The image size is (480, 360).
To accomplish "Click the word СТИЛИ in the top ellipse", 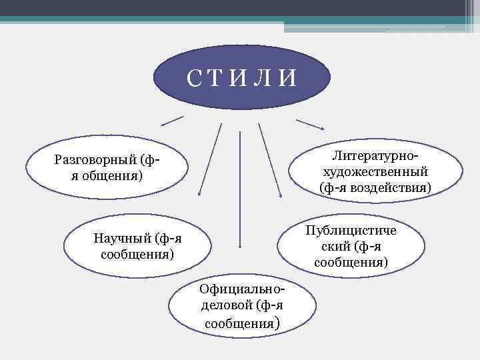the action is pos(241,78).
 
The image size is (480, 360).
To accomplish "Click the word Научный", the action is pos(122,239).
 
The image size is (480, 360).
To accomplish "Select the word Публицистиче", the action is pos(351,231).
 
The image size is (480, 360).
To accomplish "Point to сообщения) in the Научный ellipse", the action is pos(137,255).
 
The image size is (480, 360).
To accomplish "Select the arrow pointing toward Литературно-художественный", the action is pos(310,125).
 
